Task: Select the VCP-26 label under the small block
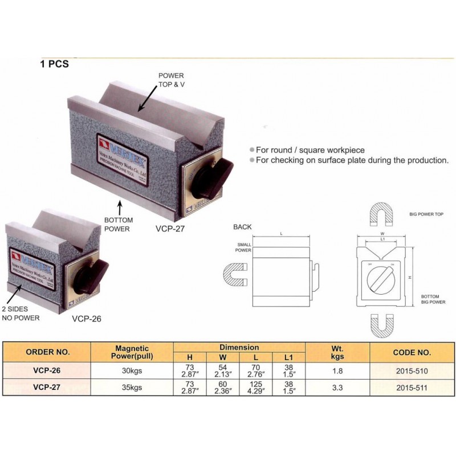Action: pos(87,319)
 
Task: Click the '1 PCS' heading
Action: pos(55,64)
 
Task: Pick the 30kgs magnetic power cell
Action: pos(132,371)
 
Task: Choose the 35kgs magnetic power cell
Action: pos(132,388)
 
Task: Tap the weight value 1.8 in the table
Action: pos(338,371)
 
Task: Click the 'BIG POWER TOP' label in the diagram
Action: pos(426,214)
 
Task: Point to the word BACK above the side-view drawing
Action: pos(242,227)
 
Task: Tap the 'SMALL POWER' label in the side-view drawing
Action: pos(244,246)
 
